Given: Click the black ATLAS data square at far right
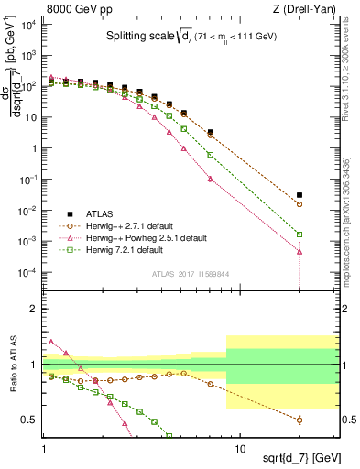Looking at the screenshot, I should coord(300,195).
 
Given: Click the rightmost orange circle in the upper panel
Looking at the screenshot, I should coord(300,204).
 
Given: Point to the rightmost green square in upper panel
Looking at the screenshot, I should coord(300,234).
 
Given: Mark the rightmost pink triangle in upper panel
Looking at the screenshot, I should coord(300,251).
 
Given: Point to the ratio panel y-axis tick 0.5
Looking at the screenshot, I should coord(31,420).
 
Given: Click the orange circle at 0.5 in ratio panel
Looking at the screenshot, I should coord(300,420).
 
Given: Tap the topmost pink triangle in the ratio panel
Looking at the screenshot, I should coord(50,342).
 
